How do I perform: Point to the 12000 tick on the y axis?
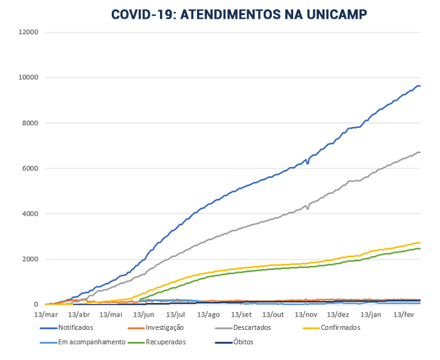(29, 32)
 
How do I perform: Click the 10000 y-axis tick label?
(29, 77)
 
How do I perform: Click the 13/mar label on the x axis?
(46, 314)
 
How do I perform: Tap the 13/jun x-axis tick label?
(144, 314)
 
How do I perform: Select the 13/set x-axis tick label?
(242, 314)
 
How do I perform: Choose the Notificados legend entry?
(75, 327)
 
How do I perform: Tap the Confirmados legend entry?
(340, 327)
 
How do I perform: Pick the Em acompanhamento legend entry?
(92, 342)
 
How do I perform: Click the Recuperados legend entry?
(165, 342)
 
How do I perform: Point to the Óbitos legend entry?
(244, 342)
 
